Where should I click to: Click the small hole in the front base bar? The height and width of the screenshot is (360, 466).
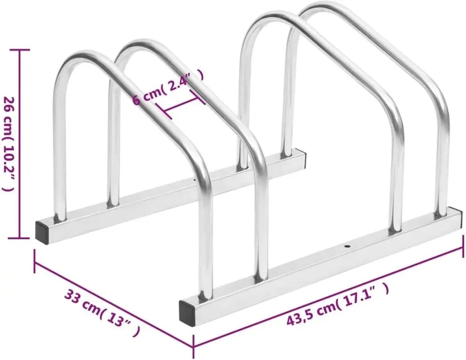coord(347,245)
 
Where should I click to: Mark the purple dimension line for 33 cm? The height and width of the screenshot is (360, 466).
coord(112,300)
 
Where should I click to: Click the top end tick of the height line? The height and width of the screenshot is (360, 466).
coord(19,49)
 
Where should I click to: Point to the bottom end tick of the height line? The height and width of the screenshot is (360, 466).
coord(19,238)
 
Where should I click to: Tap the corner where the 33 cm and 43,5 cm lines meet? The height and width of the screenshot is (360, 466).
coord(193,346)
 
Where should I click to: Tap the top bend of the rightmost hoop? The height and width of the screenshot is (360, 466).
coord(323,7)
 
